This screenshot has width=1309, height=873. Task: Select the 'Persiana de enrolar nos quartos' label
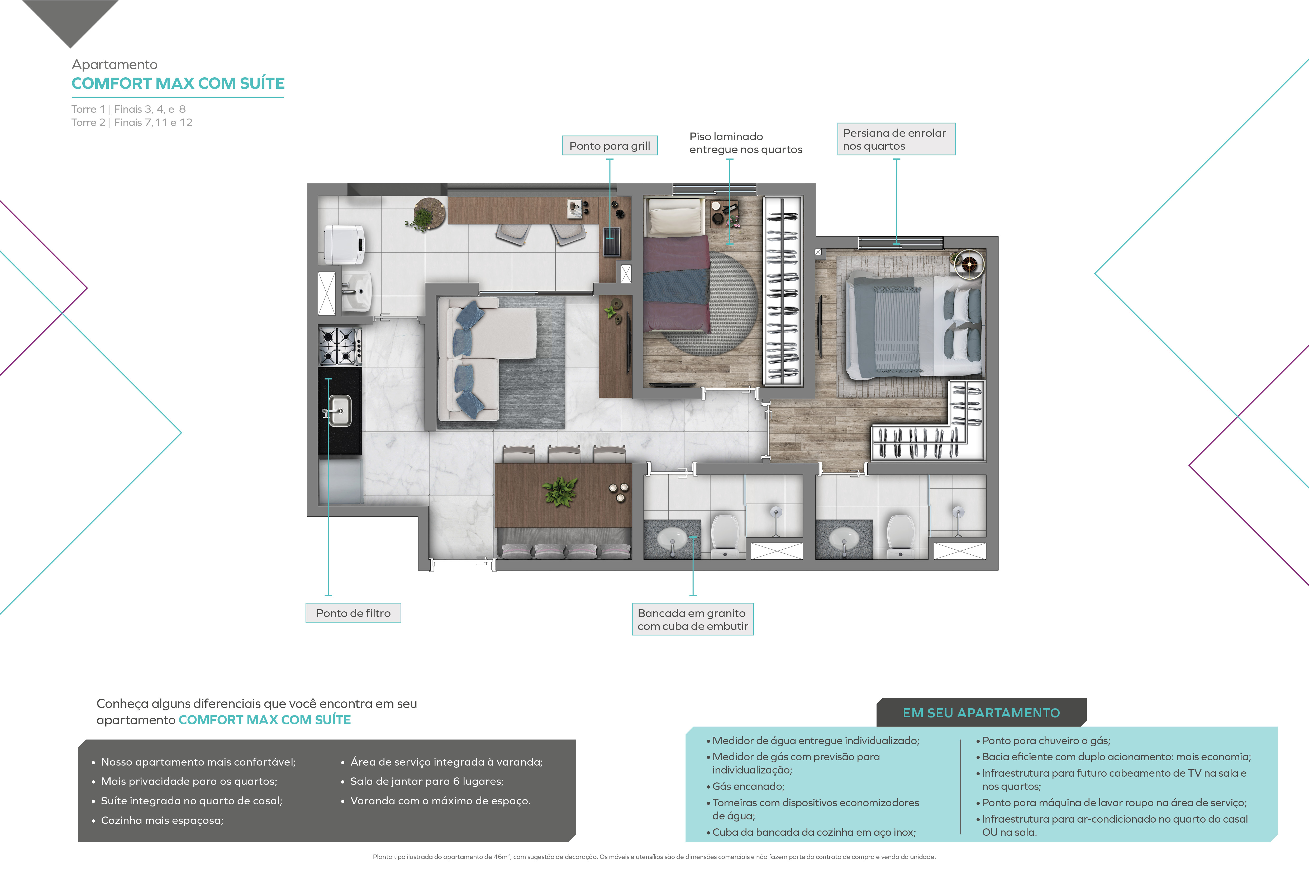[896, 139]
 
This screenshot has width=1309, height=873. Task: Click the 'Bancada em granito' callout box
[693, 619]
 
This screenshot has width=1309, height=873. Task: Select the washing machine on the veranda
[345, 244]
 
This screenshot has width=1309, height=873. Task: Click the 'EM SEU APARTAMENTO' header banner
[981, 713]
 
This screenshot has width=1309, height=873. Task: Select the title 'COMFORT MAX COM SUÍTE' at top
[178, 83]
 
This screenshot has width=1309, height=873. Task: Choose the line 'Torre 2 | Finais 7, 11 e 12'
[132, 122]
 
